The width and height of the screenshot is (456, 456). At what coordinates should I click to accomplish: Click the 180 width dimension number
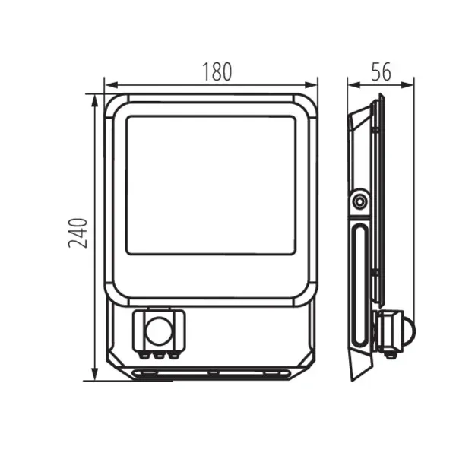[x=217, y=72]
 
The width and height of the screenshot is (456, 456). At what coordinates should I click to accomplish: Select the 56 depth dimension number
[x=381, y=72]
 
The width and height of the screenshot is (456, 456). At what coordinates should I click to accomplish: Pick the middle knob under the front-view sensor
[x=159, y=353]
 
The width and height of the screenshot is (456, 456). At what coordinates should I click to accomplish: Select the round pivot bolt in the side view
[x=358, y=201]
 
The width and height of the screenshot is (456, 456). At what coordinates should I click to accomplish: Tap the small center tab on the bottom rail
[x=212, y=372]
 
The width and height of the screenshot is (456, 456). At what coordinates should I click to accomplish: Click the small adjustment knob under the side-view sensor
[x=391, y=352]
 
